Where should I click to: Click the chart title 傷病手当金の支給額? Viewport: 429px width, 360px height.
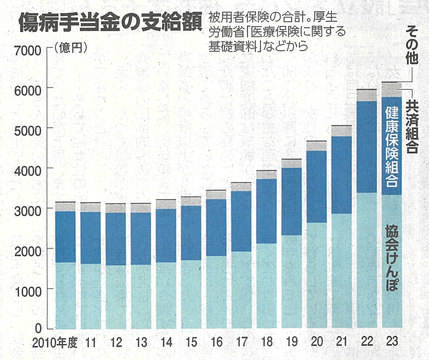point(111,23)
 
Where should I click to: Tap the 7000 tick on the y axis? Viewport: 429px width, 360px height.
point(28,51)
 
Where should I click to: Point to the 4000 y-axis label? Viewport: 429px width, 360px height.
point(28,171)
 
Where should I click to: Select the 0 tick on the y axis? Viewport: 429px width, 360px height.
point(38,328)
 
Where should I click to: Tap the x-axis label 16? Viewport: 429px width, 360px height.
point(216,342)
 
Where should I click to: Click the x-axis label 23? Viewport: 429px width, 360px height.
point(392,341)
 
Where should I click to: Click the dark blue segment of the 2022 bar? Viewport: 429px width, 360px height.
point(367,147)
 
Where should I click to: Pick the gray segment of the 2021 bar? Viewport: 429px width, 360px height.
point(342,131)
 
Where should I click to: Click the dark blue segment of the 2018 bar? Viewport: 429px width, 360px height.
point(266,211)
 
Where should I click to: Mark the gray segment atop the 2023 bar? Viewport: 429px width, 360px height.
point(392,90)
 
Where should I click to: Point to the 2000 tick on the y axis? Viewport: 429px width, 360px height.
point(28,251)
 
